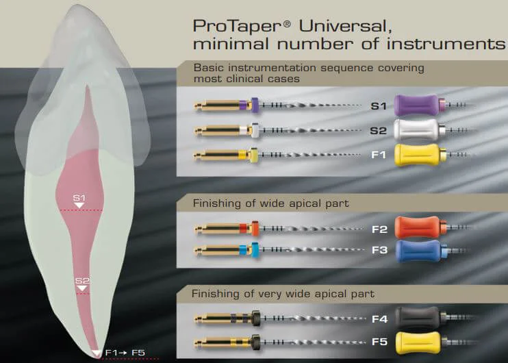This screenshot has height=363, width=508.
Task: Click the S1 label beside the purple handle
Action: tap(379, 106)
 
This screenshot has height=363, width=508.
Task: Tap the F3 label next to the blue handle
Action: tap(379, 251)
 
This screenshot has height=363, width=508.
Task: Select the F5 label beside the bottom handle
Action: tap(379, 341)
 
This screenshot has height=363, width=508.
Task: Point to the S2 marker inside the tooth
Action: tap(82, 281)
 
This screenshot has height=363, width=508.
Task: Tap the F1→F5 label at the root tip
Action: tap(125, 353)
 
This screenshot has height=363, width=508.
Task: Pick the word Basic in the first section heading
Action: tap(208, 68)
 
